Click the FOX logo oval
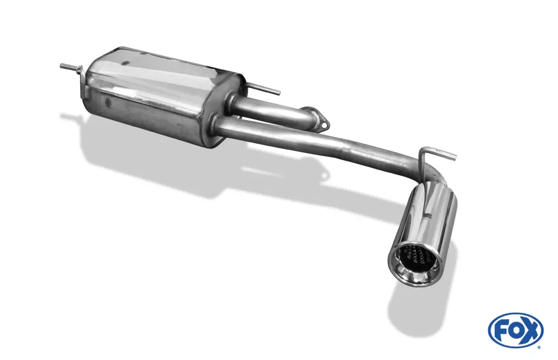coord(515,329)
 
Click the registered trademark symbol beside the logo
coord(539,347)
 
